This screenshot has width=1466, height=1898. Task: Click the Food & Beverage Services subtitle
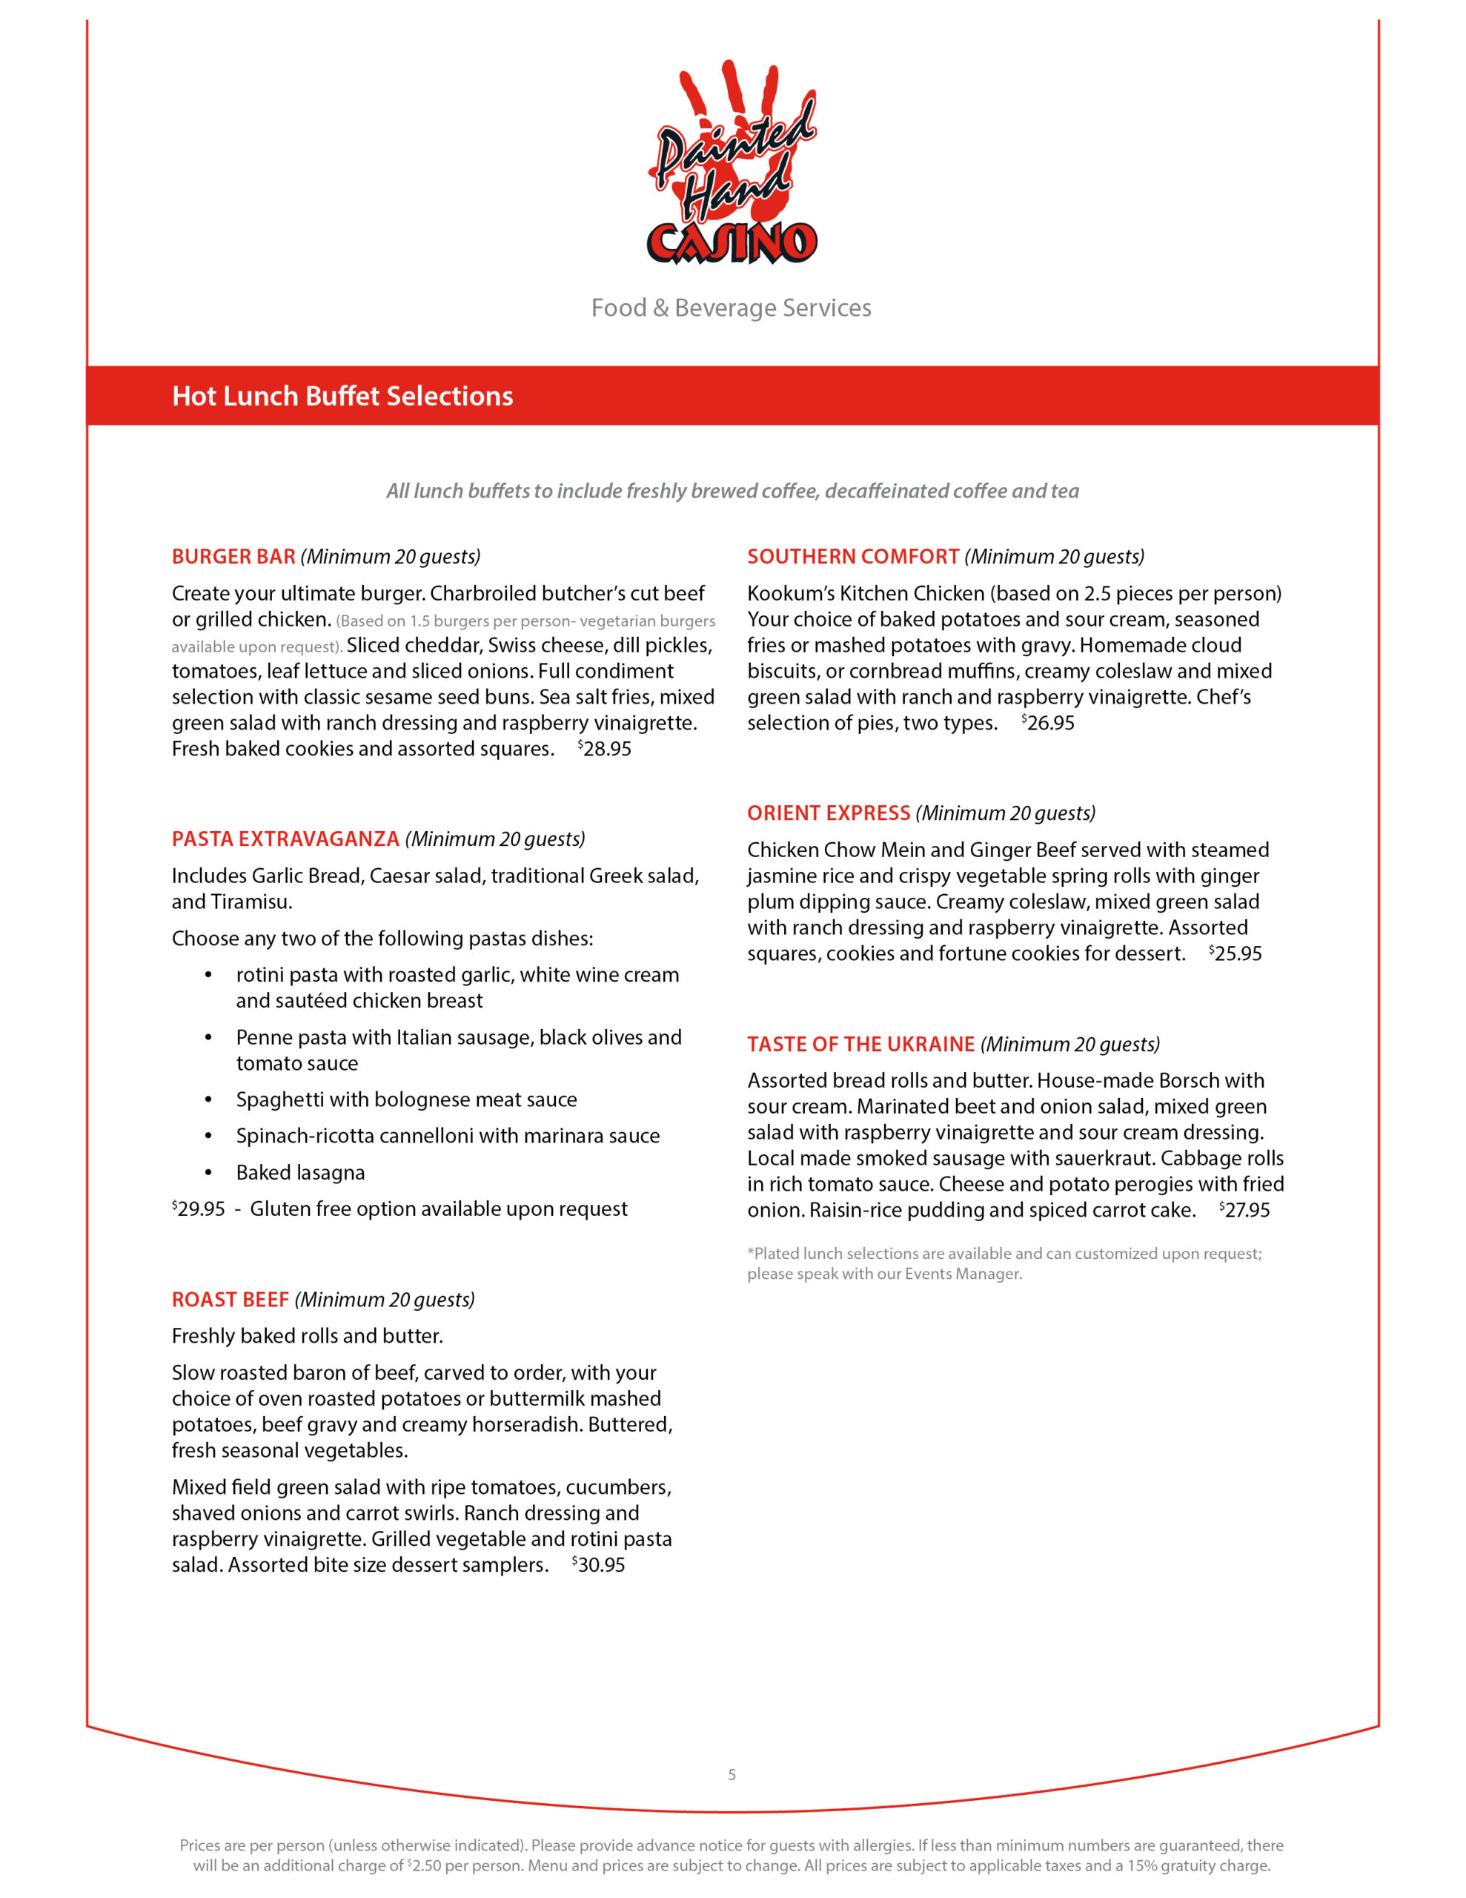(731, 308)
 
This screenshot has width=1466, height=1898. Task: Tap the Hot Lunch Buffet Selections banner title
(342, 397)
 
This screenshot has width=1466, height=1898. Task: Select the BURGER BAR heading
(233, 556)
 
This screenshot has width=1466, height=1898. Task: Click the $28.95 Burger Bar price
(606, 748)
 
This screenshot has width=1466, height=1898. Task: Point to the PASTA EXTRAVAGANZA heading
(285, 839)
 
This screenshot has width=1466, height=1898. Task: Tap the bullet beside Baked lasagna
(208, 1173)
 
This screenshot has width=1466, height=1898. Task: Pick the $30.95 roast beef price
(600, 1565)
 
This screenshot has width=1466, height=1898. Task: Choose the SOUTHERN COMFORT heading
(852, 556)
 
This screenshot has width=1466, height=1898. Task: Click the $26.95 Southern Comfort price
(1049, 723)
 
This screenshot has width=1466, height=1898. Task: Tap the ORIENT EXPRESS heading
(828, 813)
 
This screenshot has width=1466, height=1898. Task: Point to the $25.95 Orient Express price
(1236, 953)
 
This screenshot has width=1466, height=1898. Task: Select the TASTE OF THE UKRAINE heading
(860, 1044)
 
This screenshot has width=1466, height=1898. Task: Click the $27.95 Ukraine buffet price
(1245, 1210)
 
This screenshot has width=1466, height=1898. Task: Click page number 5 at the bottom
(732, 1775)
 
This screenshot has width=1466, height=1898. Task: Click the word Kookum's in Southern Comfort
(790, 594)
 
